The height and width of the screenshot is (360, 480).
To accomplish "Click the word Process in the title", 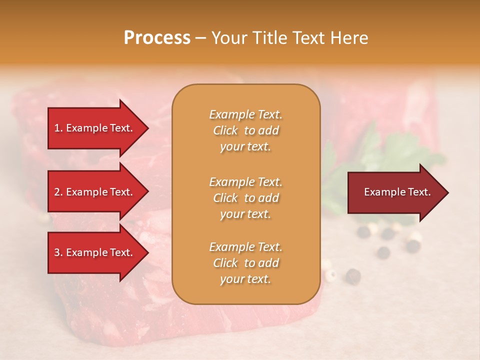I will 157,38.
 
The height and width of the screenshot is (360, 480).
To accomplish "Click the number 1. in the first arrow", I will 58,128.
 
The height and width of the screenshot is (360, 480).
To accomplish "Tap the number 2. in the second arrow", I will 58,192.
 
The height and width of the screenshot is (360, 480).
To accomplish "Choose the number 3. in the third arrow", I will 58,252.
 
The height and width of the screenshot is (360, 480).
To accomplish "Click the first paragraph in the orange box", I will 245,130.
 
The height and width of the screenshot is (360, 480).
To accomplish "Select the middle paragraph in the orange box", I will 245,198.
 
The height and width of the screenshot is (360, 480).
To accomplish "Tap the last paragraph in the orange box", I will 245,263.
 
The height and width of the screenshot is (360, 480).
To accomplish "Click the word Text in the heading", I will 306,38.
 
